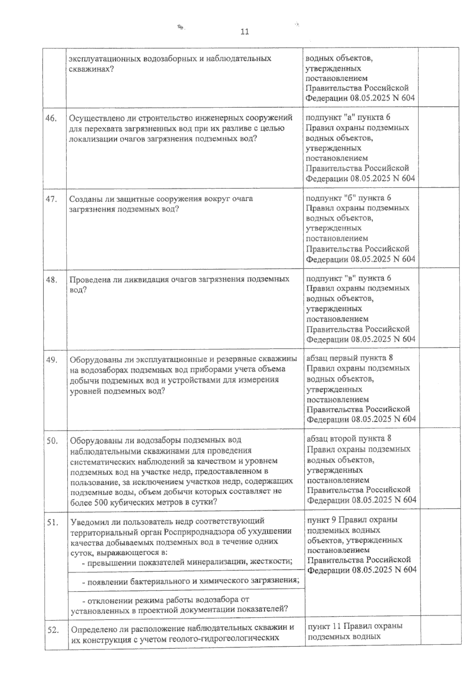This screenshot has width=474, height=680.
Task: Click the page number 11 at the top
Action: [x=245, y=32]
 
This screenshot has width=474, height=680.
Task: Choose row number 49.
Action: [x=52, y=360]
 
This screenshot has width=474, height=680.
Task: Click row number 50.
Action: [x=52, y=441]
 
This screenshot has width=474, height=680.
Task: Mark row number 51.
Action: [x=52, y=522]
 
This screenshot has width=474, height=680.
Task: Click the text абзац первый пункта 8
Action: [x=350, y=358]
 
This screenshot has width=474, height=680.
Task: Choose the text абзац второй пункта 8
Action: [x=349, y=439]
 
